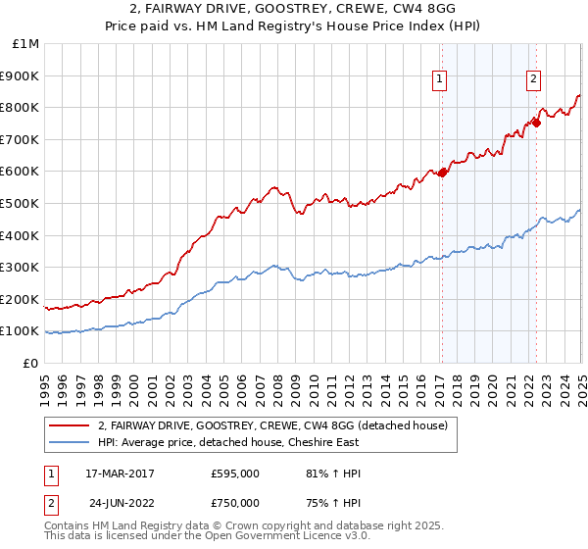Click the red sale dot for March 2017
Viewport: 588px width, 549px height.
pyautogui.click(x=442, y=173)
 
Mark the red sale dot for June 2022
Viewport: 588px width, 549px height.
pyautogui.click(x=536, y=124)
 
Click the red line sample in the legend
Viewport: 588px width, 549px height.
pyautogui.click(x=69, y=425)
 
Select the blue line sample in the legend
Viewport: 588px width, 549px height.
pyautogui.click(x=69, y=441)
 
